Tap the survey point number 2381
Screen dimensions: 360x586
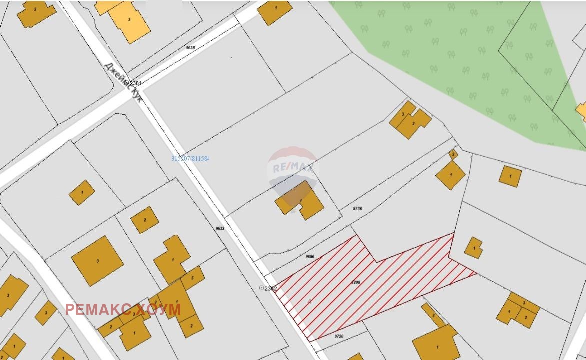tap(136, 83)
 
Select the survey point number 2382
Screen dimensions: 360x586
tap(271, 288)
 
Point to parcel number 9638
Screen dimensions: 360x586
tap(190, 48)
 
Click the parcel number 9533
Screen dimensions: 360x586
tap(220, 228)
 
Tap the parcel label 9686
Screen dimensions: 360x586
tap(310, 256)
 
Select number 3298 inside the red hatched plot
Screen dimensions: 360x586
tap(356, 282)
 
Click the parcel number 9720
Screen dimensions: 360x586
tap(339, 336)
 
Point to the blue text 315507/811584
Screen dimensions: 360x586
tap(190, 158)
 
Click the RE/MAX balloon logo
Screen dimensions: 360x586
tap(293, 167)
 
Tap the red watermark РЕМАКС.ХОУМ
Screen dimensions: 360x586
tap(123, 310)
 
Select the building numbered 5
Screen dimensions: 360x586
tap(193, 278)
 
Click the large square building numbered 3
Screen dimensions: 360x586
tap(97, 261)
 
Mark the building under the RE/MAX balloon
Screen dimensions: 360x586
tap(300, 201)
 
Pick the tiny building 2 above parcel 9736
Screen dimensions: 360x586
tap(453, 155)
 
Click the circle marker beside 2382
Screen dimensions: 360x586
tap(261, 288)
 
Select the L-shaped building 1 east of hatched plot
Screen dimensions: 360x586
tap(473, 247)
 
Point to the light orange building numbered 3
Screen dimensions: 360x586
tap(129, 20)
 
